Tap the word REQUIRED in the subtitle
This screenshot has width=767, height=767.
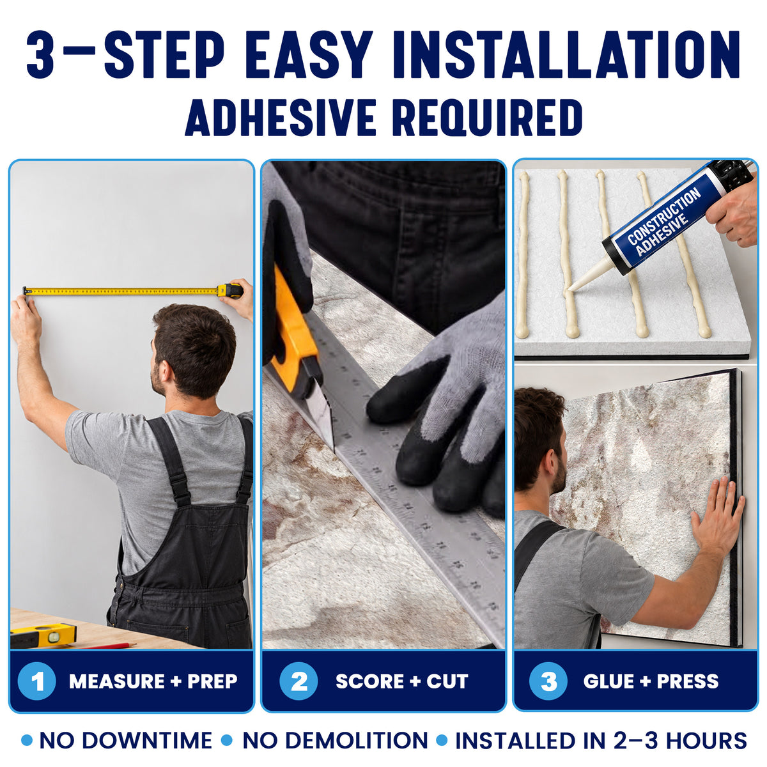[487, 118]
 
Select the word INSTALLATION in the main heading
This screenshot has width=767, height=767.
[567, 54]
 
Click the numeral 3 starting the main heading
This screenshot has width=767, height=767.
[40, 54]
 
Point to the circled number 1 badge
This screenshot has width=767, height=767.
[36, 681]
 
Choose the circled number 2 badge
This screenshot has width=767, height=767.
[298, 681]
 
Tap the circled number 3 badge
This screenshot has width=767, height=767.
[548, 681]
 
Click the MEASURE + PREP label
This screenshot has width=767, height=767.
[153, 681]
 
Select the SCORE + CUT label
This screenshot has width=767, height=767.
[402, 681]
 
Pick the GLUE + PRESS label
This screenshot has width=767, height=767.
[651, 681]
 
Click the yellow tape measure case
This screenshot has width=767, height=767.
[230, 291]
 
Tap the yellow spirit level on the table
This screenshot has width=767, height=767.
[43, 635]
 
